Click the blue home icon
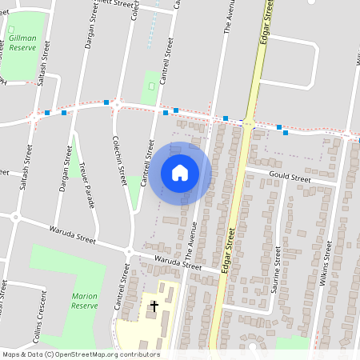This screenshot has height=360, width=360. [180, 173]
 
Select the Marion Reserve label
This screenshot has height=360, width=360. [84, 301]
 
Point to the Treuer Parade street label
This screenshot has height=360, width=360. [86, 186]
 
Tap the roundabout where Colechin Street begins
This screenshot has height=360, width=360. [117, 103]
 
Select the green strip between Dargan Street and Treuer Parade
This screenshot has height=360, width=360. [74, 152]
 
